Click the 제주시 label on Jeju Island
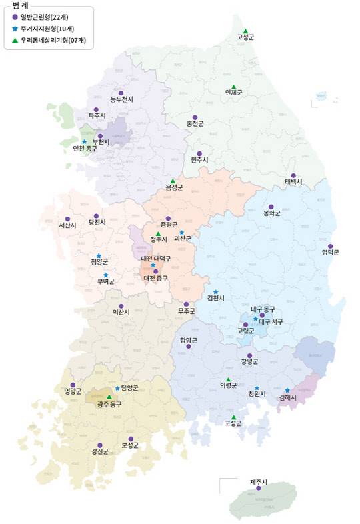(x=259, y=482)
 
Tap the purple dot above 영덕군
(x=330, y=245)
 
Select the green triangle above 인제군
(x=233, y=85)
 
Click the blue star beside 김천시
(x=215, y=291)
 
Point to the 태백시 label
(x=293, y=182)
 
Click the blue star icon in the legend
(x=15, y=29)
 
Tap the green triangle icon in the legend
(x=15, y=41)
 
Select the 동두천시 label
(x=122, y=99)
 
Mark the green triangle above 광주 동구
(x=109, y=397)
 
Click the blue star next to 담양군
(x=117, y=388)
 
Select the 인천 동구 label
(x=85, y=149)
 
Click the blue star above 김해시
(x=287, y=390)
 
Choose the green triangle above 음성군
(x=173, y=181)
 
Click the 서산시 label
(x=68, y=225)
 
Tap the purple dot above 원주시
(x=199, y=153)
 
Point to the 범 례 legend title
(x=22, y=5)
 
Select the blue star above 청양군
(x=99, y=255)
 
